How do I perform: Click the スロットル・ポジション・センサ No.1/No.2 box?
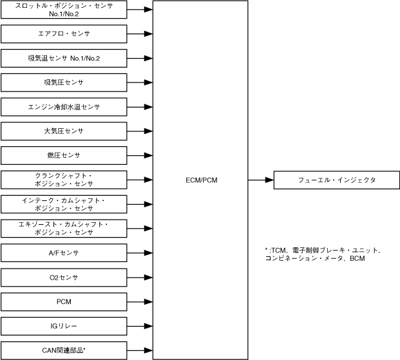coord(64,10)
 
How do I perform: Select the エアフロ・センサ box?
coord(64,33)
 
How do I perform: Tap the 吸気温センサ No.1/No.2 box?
coord(64,58)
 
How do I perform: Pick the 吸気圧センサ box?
coord(64,82)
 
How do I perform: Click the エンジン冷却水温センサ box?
coord(64,107)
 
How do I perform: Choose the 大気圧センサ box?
coord(64,131)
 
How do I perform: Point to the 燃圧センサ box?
coord(64,155)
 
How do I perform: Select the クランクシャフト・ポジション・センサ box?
coord(64,180)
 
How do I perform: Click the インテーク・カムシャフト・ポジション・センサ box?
coord(64,204)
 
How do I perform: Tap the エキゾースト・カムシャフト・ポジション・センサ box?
coord(64,229)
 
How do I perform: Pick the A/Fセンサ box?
coord(64,252)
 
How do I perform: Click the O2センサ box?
coord(64,277)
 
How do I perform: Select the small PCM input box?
coord(64,301)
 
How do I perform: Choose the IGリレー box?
coord(64,326)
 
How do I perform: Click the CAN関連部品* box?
coord(64,350)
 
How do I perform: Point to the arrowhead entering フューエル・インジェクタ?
coord(270,180)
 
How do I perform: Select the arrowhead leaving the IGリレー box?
coord(149,326)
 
